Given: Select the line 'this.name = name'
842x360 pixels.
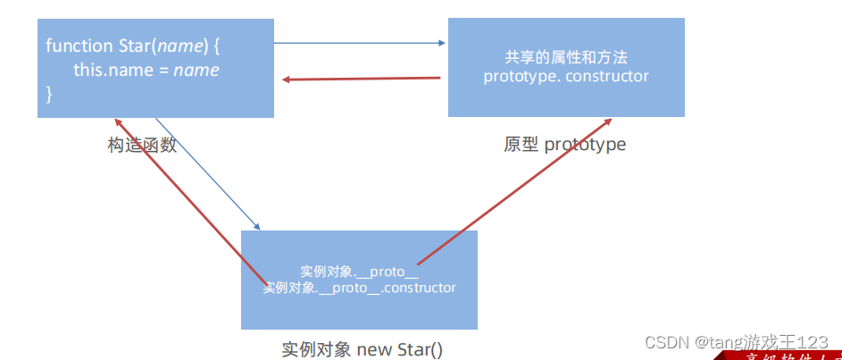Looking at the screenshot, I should pos(146,69).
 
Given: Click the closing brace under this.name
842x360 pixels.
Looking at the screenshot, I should pos(50,92).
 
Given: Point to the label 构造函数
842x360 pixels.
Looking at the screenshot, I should pos(142,145).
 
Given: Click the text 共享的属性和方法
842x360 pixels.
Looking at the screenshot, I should pos(566,57).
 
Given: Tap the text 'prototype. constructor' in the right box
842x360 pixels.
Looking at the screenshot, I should pos(566,76).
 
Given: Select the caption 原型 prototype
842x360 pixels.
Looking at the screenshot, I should pos(564,144).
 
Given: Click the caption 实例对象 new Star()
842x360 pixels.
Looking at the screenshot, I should pos(362,348).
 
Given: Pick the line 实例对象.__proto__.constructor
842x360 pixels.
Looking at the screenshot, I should pos(360,288).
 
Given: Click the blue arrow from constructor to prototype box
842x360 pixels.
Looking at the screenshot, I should pos(357,42).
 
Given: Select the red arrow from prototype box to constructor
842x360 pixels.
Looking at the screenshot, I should pos(362,79).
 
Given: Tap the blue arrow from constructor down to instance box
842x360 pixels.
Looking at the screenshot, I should pos(207,173).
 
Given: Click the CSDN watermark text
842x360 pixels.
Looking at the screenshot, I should pos(736,342).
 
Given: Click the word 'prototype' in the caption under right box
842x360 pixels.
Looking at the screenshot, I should pos(585,144).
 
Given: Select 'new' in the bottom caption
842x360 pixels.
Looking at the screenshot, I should pos(372,348).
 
